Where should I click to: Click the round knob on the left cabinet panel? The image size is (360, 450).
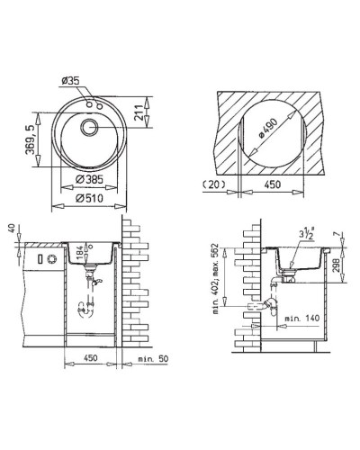click(x=52, y=259)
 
